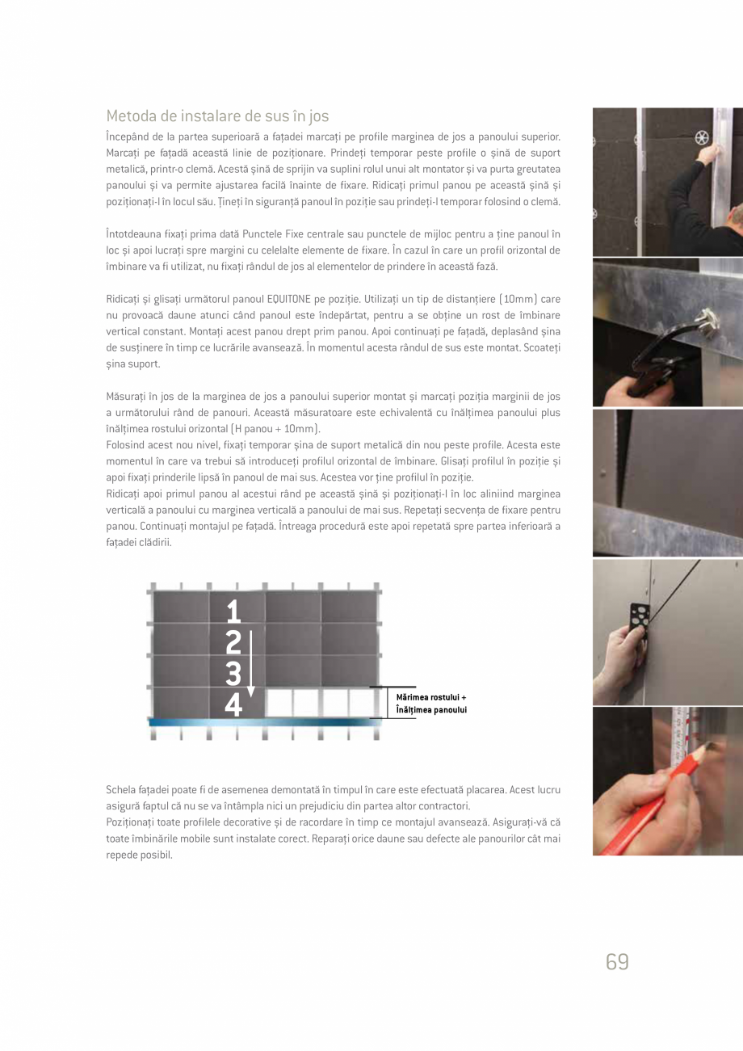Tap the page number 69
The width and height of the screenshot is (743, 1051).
click(x=617, y=961)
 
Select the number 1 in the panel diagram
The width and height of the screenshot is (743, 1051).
click(x=233, y=611)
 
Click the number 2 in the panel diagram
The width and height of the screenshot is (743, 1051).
click(x=233, y=642)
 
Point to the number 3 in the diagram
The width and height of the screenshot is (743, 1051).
click(x=233, y=673)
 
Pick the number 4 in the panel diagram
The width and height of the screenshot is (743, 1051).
click(x=233, y=705)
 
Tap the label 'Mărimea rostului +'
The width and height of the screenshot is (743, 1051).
click(x=431, y=697)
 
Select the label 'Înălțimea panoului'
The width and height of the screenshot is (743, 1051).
click(x=431, y=710)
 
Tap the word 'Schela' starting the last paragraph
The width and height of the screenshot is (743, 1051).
click(x=123, y=788)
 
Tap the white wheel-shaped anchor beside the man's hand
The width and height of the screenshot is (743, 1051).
click(x=701, y=137)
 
